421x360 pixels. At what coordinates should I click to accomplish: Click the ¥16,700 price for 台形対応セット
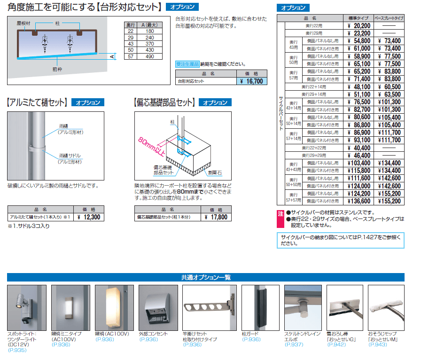pos(250,81)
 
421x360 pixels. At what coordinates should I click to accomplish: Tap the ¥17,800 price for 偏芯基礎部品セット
pos(216,217)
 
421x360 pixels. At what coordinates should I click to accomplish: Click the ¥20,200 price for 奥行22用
pos(359,26)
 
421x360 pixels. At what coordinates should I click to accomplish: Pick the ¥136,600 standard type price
pos(359,201)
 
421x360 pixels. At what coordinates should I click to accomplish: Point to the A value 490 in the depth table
pos(150,56)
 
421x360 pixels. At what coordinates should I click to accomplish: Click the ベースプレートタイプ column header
pos(389,18)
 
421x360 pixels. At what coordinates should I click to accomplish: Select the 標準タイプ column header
pos(359,18)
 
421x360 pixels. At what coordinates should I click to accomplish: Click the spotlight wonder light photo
pos(27,307)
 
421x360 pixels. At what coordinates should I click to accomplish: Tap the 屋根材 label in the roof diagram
pos(23,23)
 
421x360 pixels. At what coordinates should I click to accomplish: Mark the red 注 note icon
pos(281,213)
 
